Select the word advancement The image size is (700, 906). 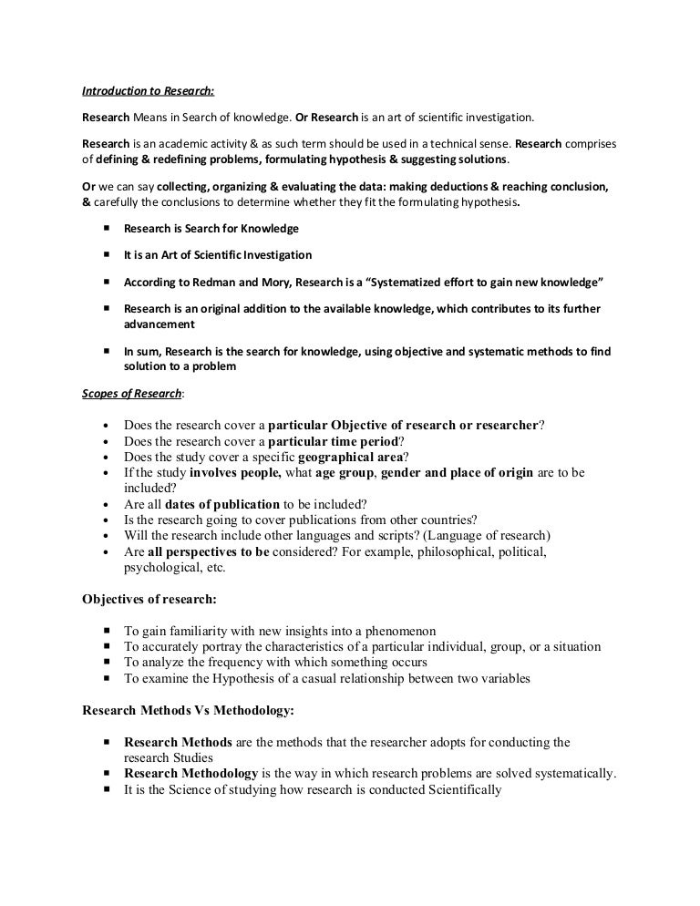click(x=160, y=324)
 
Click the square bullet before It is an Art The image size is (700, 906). click(x=106, y=254)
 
